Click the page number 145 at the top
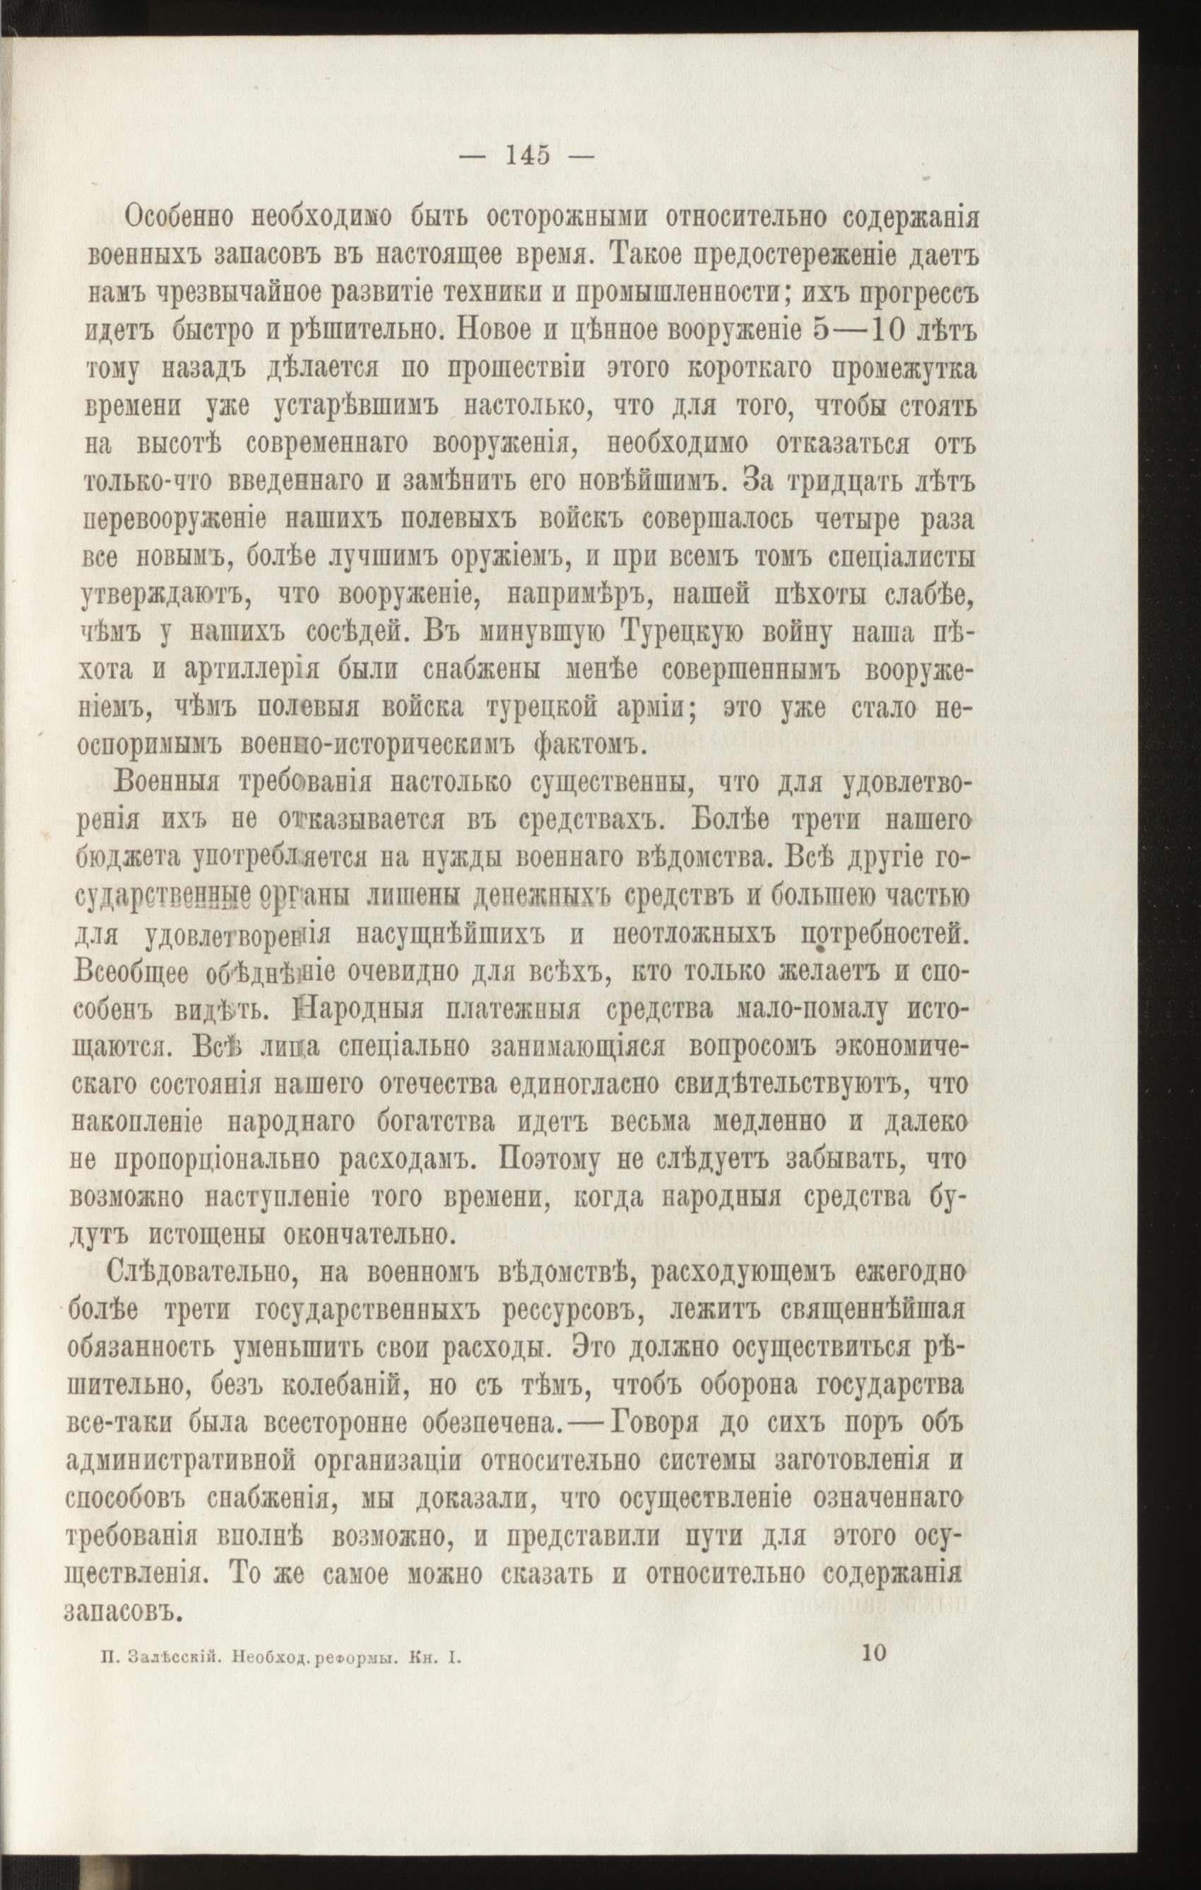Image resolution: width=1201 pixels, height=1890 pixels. point(528,155)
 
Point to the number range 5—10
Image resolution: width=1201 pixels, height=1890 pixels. point(864,330)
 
